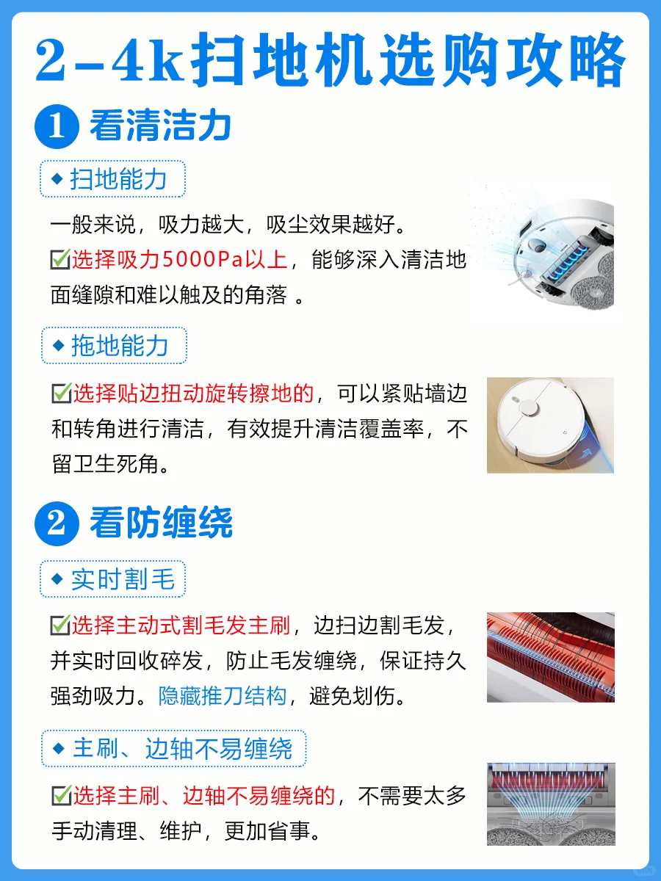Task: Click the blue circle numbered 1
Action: click(57, 126)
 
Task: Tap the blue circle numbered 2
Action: click(57, 523)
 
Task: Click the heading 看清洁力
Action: click(161, 126)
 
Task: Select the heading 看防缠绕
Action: click(161, 523)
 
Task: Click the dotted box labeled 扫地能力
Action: click(113, 178)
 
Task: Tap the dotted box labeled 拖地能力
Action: click(114, 345)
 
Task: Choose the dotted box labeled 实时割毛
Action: click(113, 579)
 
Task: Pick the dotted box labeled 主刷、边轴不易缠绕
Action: click(174, 749)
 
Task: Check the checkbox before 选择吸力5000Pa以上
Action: click(61, 259)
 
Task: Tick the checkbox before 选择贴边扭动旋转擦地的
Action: click(62, 393)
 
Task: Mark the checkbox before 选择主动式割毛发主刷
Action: click(61, 625)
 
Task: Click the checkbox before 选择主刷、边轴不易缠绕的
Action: click(62, 795)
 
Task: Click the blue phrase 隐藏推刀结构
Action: click(223, 695)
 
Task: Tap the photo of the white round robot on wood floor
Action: click(550, 425)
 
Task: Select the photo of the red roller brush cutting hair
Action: click(551, 657)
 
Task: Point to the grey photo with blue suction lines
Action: click(551, 804)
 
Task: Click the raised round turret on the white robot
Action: click(529, 407)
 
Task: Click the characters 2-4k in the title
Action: click(109, 61)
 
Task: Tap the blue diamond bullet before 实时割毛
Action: click(57, 579)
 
